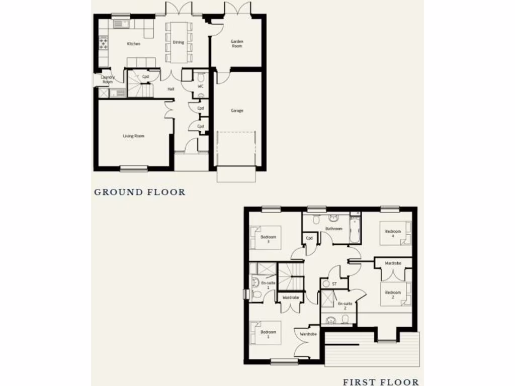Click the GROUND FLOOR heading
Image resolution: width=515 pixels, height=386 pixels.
[140, 192]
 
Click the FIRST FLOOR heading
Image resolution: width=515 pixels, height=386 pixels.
[381, 382]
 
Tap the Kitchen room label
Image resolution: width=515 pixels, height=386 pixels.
[133, 44]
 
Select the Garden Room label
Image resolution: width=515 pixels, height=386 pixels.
[237, 44]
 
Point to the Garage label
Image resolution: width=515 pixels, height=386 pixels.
[237, 111]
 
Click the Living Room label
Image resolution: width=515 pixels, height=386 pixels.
[134, 136]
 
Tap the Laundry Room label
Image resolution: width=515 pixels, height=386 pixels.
[108, 79]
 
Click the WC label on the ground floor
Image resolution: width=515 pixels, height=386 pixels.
[200, 86]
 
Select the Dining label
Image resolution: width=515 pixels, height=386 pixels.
[179, 42]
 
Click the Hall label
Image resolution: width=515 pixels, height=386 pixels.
[171, 89]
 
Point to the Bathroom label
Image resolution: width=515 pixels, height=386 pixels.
[333, 229]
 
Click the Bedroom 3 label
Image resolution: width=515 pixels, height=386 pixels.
[269, 239]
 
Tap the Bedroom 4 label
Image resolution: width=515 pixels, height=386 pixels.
[393, 234]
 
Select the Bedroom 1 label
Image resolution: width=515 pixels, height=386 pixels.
[269, 334]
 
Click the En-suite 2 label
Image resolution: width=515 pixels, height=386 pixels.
[345, 306]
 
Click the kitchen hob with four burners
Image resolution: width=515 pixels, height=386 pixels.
[104, 43]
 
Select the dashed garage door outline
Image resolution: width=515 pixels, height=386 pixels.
[237, 148]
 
